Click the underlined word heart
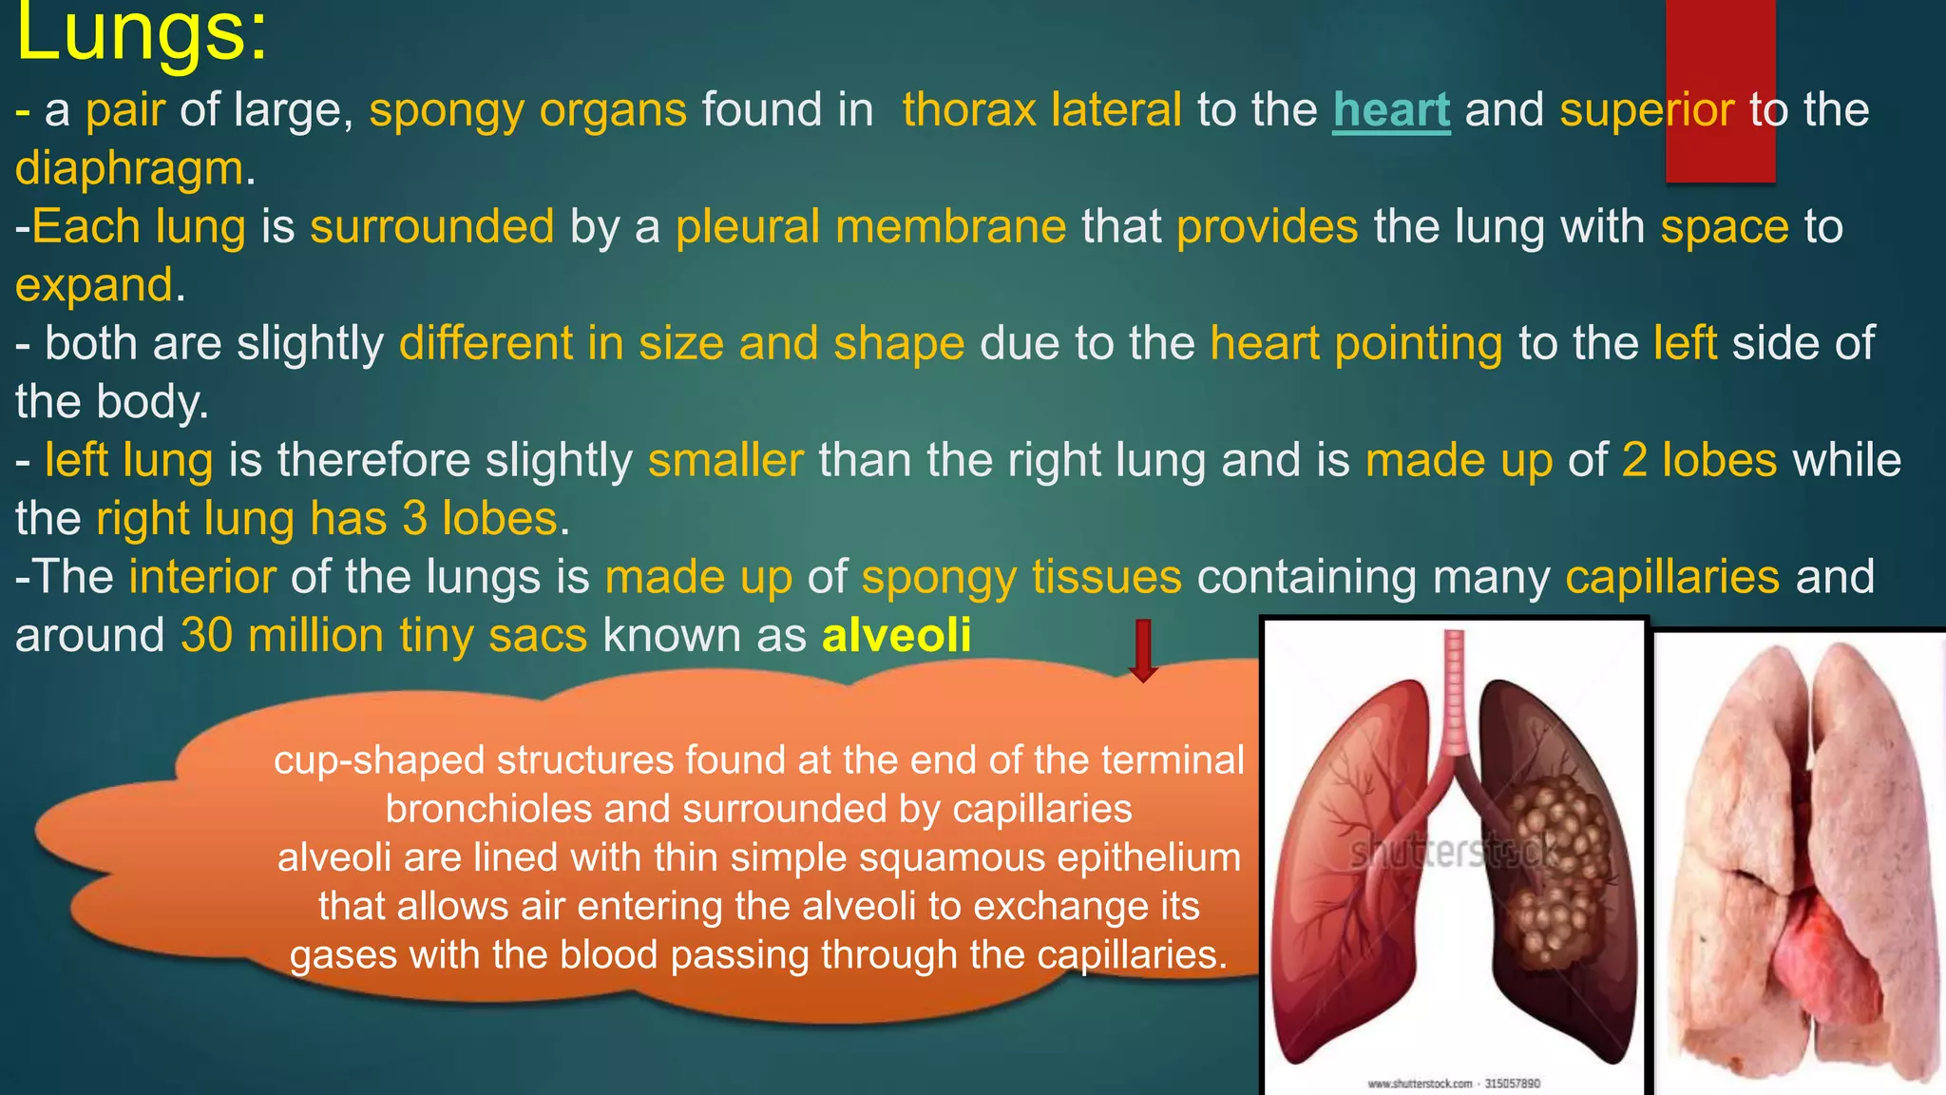click(x=1391, y=110)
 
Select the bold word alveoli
click(x=896, y=635)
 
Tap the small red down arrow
click(x=1142, y=651)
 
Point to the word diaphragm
click(x=130, y=169)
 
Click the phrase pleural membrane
click(x=870, y=227)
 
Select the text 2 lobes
click(x=1699, y=461)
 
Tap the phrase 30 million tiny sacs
click(x=384, y=635)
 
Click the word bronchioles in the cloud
click(x=489, y=810)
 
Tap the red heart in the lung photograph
click(x=1820, y=960)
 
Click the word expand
click(x=95, y=286)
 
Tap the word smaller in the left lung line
click(x=726, y=461)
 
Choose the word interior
click(x=202, y=578)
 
